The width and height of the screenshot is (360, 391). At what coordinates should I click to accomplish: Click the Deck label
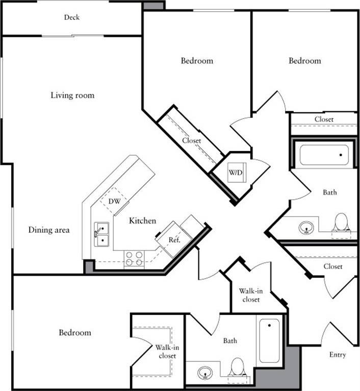coord(71,17)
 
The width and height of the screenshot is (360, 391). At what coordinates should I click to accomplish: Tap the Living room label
coord(72,95)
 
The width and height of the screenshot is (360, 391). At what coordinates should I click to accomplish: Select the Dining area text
coord(49,230)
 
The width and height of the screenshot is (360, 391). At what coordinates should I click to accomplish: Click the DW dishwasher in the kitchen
coord(115,201)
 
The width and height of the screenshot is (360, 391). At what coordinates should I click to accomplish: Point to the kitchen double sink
coord(102,233)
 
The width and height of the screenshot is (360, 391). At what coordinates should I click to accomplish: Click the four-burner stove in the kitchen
coord(134,259)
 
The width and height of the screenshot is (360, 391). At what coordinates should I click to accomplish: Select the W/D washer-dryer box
coord(235,173)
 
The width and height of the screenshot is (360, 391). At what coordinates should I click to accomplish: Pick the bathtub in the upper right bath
coord(324,155)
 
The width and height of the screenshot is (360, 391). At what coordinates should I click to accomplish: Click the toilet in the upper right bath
coord(341,223)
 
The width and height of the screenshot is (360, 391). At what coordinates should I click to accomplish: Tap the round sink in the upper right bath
coord(306,227)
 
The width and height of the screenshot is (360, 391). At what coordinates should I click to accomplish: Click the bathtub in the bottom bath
coord(269,340)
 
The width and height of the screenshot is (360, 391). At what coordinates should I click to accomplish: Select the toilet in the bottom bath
coord(237,367)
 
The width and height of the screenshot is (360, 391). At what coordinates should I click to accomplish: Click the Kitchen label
coord(142,221)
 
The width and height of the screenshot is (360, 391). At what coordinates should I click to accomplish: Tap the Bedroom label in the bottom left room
coord(75,333)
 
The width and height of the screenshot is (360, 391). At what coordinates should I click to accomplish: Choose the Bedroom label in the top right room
coord(305,61)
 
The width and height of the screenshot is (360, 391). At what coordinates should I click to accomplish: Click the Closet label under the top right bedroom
coord(324,119)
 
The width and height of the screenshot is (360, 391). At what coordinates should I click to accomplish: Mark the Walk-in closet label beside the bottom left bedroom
coord(166,352)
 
